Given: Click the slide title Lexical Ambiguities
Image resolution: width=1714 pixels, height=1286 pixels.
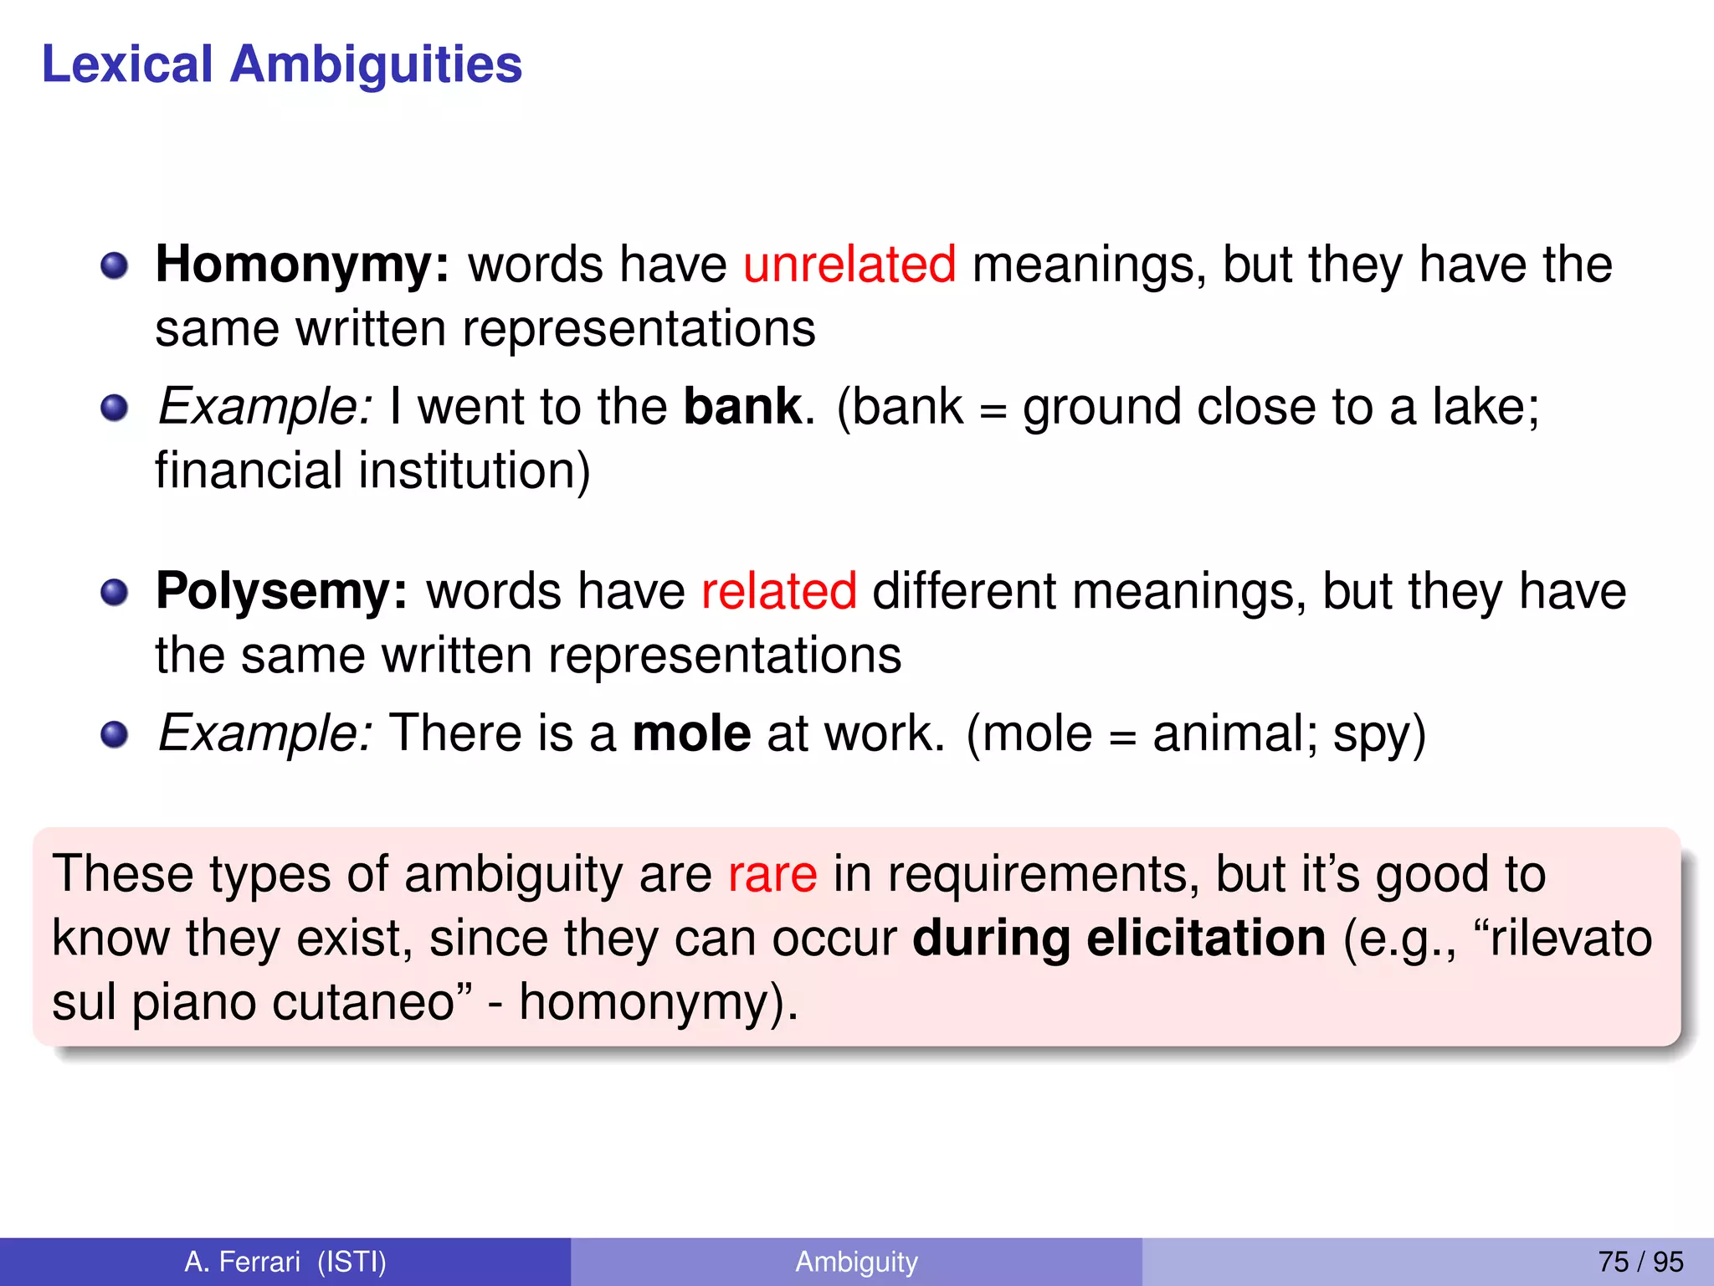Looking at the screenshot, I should tap(282, 64).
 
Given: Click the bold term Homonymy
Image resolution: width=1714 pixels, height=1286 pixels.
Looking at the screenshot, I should tap(302, 265).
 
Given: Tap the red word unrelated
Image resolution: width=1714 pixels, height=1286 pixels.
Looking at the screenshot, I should tap(849, 265).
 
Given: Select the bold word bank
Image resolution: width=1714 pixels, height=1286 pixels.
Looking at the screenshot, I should tap(742, 407).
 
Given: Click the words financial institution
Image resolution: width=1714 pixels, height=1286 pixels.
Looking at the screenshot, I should tap(372, 471).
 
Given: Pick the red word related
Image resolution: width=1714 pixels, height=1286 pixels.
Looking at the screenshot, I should tap(778, 591).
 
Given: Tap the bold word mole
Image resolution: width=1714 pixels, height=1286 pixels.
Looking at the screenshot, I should tap(691, 733).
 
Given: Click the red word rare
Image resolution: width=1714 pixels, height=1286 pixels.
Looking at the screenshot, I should tap(772, 875).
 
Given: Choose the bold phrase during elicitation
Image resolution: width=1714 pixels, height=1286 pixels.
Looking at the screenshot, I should tap(1118, 939).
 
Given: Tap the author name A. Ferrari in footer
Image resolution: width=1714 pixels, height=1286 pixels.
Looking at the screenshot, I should tap(242, 1262).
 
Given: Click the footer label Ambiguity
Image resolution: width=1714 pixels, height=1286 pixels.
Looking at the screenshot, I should tap(856, 1262).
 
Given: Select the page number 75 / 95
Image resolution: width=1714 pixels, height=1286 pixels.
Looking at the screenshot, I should tap(1640, 1262).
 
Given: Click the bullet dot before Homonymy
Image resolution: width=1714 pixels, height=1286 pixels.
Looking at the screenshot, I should tap(115, 266).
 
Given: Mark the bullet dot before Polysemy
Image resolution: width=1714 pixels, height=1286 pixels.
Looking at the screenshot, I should tap(115, 593).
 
